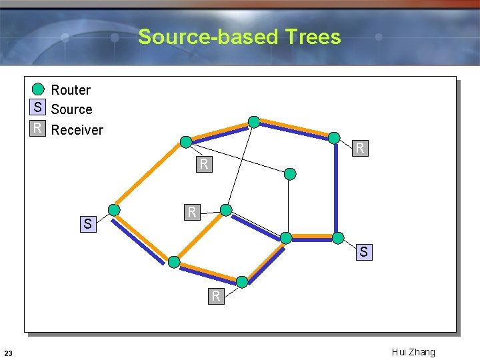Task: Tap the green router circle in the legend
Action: (x=39, y=89)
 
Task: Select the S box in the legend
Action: (x=38, y=108)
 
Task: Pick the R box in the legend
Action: (x=38, y=128)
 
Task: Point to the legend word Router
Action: (x=71, y=90)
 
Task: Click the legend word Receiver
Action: (x=77, y=130)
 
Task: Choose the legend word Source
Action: (x=71, y=109)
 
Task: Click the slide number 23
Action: (x=7, y=353)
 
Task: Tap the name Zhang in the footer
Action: (x=423, y=352)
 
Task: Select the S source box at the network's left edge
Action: (x=87, y=224)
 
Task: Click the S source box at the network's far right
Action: (x=363, y=252)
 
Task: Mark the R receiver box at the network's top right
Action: (x=360, y=148)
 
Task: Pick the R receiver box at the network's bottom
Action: (x=215, y=295)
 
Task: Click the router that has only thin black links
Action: (x=290, y=174)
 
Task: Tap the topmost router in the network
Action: (x=254, y=121)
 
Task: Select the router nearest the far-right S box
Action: (x=338, y=238)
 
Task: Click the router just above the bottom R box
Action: (x=242, y=281)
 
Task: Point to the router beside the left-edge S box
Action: (x=114, y=210)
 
